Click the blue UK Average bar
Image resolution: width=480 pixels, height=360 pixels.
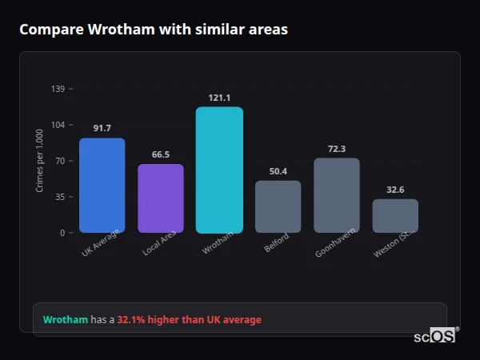[x=102, y=186]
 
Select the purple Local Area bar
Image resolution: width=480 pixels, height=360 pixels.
[x=161, y=198]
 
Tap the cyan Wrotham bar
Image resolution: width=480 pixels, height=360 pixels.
[x=219, y=170]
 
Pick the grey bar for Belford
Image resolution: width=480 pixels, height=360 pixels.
[x=278, y=206]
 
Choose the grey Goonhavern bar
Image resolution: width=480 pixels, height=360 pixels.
[x=337, y=195]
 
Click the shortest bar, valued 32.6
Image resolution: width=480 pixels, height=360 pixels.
[x=395, y=216]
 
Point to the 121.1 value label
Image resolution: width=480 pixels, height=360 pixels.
[x=219, y=98]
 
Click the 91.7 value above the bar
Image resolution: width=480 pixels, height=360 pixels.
[x=102, y=128]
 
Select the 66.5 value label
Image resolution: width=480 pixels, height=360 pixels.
[x=161, y=154]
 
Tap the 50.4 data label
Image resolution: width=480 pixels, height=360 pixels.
[x=278, y=171]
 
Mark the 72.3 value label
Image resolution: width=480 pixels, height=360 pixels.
[x=337, y=149]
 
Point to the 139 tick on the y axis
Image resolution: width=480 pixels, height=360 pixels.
[x=58, y=89]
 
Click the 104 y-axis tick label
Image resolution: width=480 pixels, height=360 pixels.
[x=58, y=125]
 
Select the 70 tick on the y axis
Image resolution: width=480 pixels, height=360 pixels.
[x=60, y=161]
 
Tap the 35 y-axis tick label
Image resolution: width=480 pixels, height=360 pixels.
[x=60, y=197]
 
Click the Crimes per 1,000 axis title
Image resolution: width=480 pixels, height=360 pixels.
[x=40, y=161]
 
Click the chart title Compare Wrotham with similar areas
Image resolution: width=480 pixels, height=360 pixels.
[x=154, y=30]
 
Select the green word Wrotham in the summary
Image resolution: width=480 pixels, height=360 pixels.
[x=66, y=320]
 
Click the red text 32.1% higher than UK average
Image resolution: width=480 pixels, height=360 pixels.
[x=189, y=320]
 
